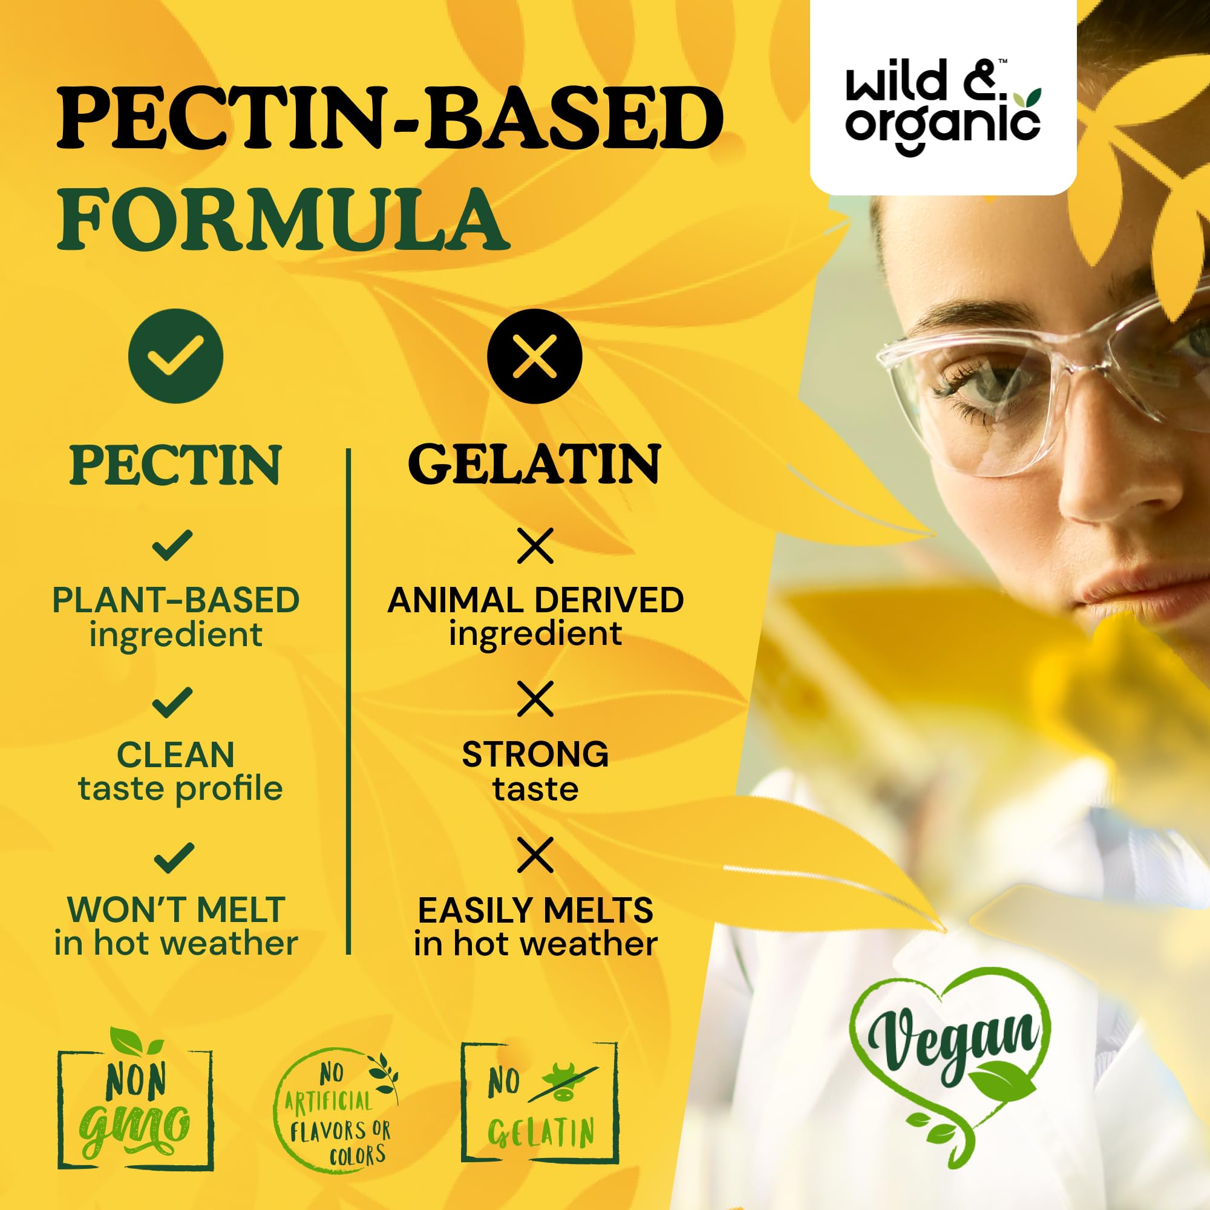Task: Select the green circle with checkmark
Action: (175, 356)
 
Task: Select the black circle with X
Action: (534, 356)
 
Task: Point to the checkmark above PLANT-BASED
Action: (172, 545)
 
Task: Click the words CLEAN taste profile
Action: (179, 771)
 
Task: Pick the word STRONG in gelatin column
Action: (535, 754)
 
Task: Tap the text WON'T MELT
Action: (176, 909)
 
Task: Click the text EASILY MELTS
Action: (535, 911)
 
